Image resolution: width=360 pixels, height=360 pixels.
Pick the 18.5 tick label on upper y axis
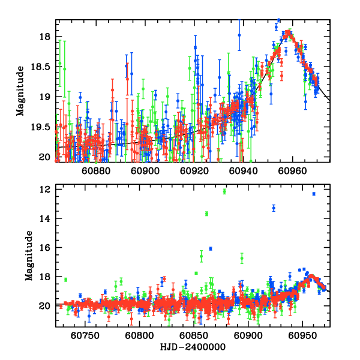[x=43, y=67]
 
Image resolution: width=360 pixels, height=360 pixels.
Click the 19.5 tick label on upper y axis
[x=43, y=127]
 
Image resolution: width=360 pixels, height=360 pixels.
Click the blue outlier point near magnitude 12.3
[x=313, y=194]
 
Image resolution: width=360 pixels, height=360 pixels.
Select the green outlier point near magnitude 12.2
[x=224, y=191]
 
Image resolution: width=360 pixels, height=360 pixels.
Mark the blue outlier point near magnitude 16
[x=211, y=248]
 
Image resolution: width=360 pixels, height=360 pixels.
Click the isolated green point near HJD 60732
[x=66, y=280]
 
